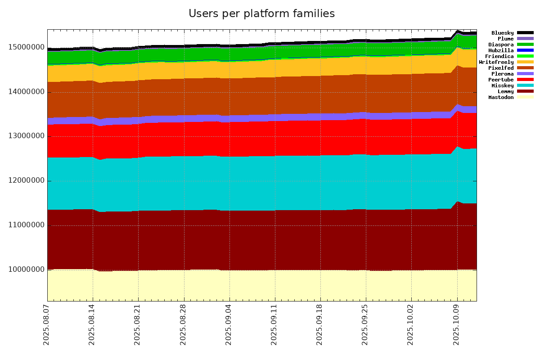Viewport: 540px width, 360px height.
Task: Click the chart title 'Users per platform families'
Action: coord(261,14)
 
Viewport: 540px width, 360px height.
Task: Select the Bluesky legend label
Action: coord(502,33)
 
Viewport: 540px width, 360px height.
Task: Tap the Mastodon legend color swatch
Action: coord(525,97)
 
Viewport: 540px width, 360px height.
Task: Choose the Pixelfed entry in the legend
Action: coord(502,68)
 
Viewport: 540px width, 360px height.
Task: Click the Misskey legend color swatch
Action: coord(525,85)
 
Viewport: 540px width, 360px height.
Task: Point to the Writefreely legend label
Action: coord(496,62)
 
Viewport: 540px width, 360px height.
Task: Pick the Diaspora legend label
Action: coord(501,45)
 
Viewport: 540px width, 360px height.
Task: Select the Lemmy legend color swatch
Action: coord(525,91)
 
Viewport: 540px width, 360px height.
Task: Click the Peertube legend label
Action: coord(501,80)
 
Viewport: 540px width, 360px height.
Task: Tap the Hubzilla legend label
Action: coord(501,50)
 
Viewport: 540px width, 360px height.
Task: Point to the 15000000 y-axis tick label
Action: coord(26,48)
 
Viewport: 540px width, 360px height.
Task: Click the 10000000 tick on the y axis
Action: coord(26,270)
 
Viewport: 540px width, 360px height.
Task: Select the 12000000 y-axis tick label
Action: coord(26,181)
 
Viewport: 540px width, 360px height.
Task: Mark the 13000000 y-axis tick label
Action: coord(26,136)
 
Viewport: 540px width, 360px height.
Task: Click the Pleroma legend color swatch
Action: coord(525,74)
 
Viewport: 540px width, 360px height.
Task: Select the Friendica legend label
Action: coord(499,56)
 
